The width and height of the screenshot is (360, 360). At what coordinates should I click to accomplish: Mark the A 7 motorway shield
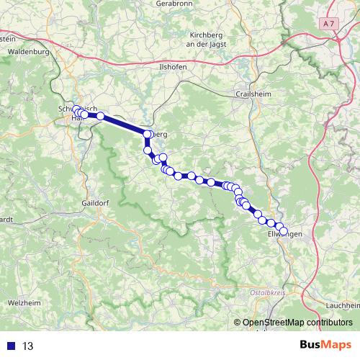[330, 24]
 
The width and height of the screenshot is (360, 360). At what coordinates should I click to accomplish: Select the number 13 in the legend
[28, 346]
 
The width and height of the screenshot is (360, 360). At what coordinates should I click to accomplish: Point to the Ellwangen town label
[283, 235]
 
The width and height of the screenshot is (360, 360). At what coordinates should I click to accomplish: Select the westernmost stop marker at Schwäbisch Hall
[76, 109]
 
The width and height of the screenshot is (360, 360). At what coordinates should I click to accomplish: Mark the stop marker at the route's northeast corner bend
[148, 135]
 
